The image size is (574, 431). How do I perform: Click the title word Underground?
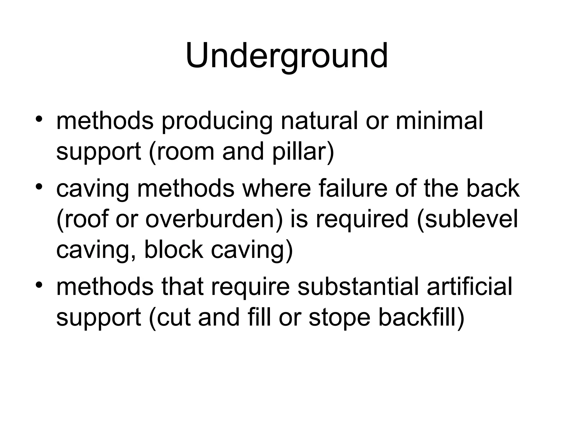coord(286,56)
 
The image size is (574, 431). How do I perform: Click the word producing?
coord(217,121)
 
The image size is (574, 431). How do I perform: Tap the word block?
coord(173,250)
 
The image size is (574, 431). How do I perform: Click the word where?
coord(276,189)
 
